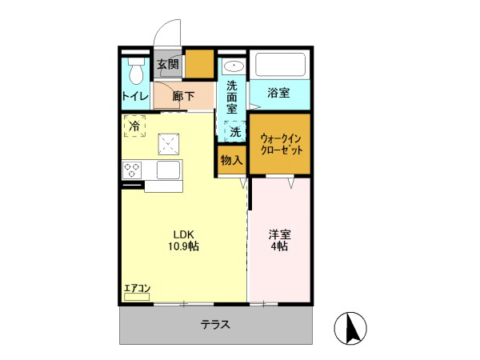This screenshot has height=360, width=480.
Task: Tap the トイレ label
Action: click(x=134, y=97)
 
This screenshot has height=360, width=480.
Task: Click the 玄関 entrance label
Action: click(x=167, y=64)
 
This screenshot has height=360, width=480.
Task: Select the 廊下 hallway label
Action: click(x=183, y=96)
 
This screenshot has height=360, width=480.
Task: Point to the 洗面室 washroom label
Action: click(x=232, y=96)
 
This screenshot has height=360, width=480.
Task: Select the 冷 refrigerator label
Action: click(x=134, y=126)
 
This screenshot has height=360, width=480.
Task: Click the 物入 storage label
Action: click(x=231, y=161)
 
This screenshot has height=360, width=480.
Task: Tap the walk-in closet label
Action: click(x=281, y=144)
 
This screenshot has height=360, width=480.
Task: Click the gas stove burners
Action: click(x=133, y=170)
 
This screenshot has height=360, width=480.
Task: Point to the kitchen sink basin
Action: click(x=170, y=170)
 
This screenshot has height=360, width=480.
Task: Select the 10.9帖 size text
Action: click(x=184, y=247)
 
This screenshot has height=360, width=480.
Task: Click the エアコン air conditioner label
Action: click(x=137, y=289)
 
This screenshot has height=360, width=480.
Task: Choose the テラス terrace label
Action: click(x=216, y=325)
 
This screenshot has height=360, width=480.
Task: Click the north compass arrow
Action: click(x=350, y=327)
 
